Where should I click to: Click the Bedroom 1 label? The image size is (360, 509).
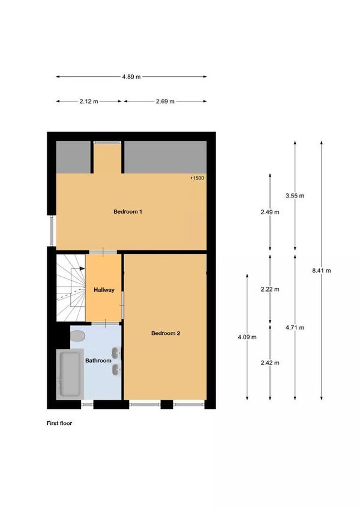(x=128, y=212)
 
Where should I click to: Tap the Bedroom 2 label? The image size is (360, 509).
(x=166, y=333)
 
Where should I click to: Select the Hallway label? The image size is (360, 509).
(x=104, y=290)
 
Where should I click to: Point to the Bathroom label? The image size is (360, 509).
(x=98, y=361)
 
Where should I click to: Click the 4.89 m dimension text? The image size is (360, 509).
(x=131, y=77)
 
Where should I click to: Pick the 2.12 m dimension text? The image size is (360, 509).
(x=89, y=101)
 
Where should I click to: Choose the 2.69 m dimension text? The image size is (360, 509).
(x=165, y=101)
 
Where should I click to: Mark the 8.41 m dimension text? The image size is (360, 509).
(x=321, y=271)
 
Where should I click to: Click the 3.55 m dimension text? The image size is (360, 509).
(x=295, y=196)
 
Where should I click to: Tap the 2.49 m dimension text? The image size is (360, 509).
(x=270, y=212)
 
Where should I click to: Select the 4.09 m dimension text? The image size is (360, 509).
(x=247, y=337)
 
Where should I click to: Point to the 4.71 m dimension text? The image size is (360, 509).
(x=295, y=327)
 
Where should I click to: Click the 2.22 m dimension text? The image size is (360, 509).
(x=270, y=289)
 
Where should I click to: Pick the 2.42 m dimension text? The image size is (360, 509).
(x=270, y=363)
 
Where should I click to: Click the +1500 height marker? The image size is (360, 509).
(x=197, y=178)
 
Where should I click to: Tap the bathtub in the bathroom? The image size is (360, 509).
(x=70, y=373)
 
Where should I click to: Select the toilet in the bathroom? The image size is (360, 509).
(x=77, y=336)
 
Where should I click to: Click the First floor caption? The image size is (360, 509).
(x=60, y=423)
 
